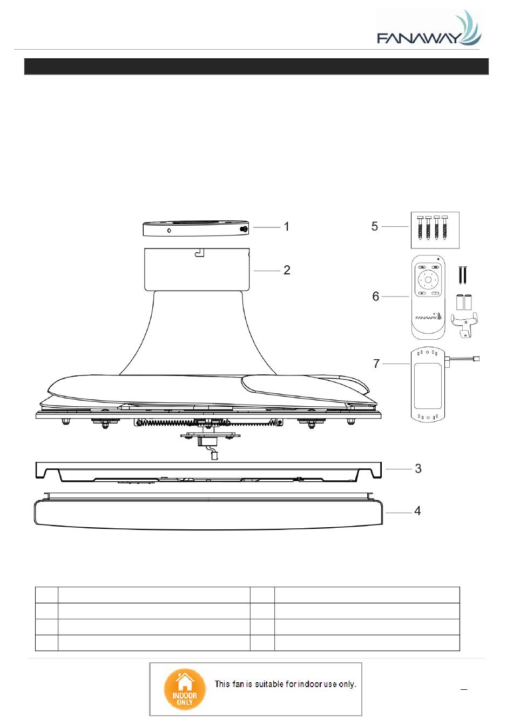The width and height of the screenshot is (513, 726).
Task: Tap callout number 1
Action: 287,226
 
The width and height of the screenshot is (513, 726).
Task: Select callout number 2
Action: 287,270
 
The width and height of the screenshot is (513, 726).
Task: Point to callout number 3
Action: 418,468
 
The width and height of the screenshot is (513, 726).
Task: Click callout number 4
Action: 417,511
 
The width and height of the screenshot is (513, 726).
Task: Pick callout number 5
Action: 375,226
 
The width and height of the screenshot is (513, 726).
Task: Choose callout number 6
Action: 376,296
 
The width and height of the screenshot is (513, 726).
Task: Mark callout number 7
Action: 376,364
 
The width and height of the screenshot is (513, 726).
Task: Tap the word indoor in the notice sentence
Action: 310,684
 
